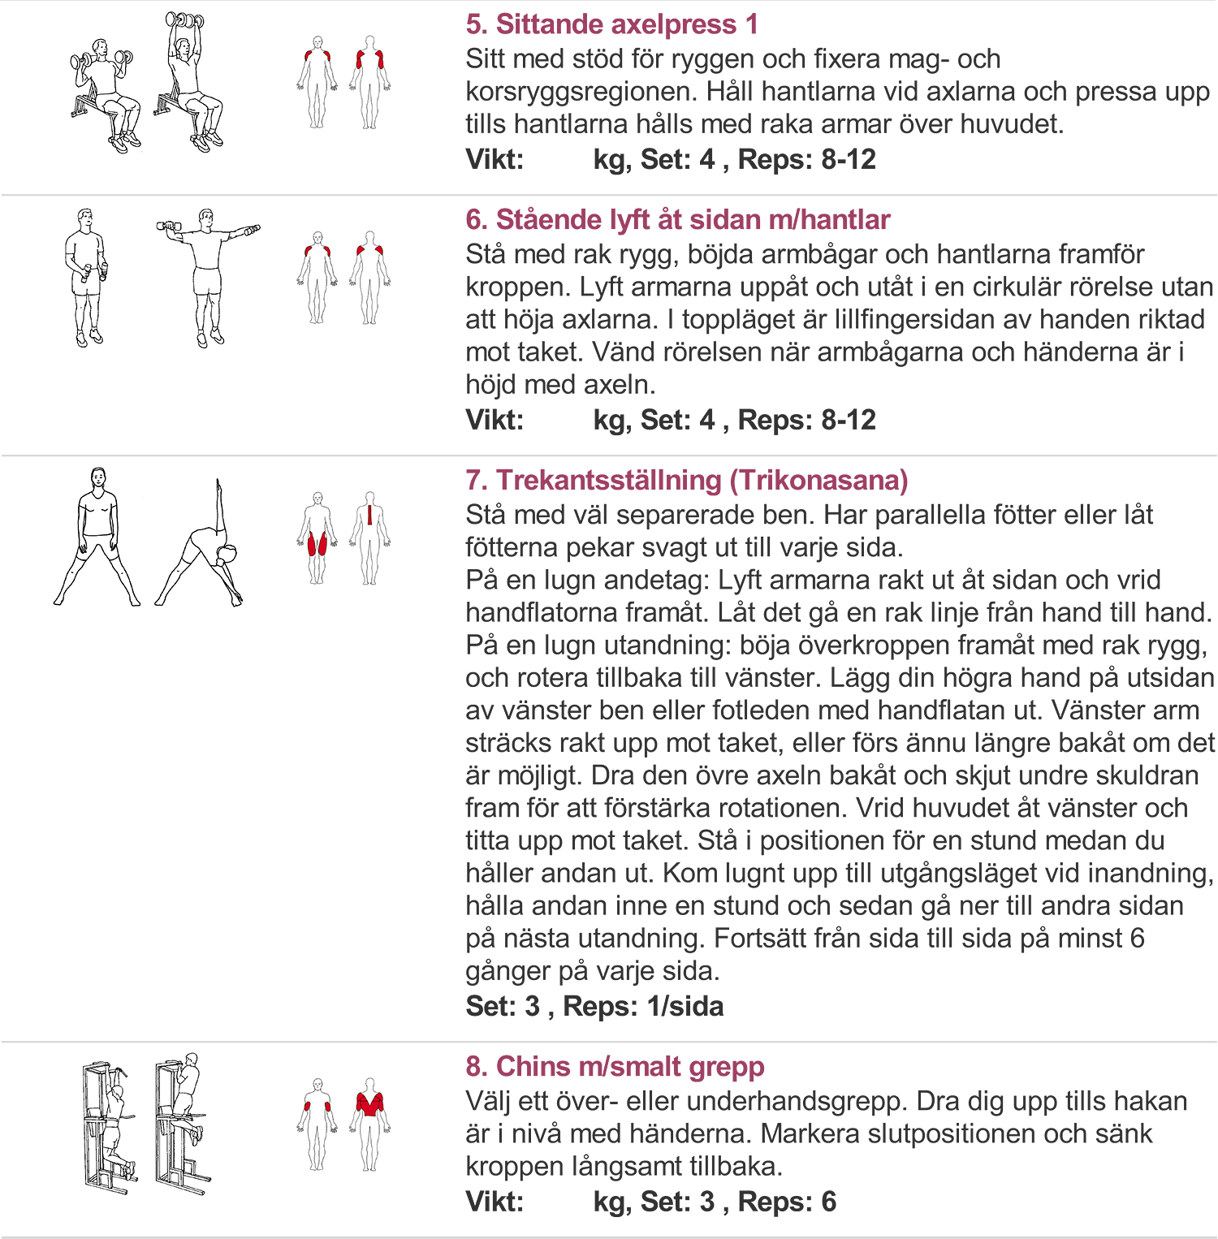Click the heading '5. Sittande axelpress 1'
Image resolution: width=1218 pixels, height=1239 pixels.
coord(611,24)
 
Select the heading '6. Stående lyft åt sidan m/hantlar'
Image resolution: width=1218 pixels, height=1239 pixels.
coord(677,220)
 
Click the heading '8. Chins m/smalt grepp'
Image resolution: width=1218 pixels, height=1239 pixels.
coord(615,1066)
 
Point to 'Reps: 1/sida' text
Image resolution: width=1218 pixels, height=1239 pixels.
coord(643,1007)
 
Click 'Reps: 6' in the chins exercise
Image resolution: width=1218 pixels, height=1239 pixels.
coord(787,1202)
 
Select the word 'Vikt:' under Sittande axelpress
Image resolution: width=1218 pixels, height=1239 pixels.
coord(495,160)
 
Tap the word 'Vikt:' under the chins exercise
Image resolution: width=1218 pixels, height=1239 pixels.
coord(495,1202)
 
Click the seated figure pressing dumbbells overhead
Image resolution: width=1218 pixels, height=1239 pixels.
coord(190,81)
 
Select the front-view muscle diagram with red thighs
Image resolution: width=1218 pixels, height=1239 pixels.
coord(317,537)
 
